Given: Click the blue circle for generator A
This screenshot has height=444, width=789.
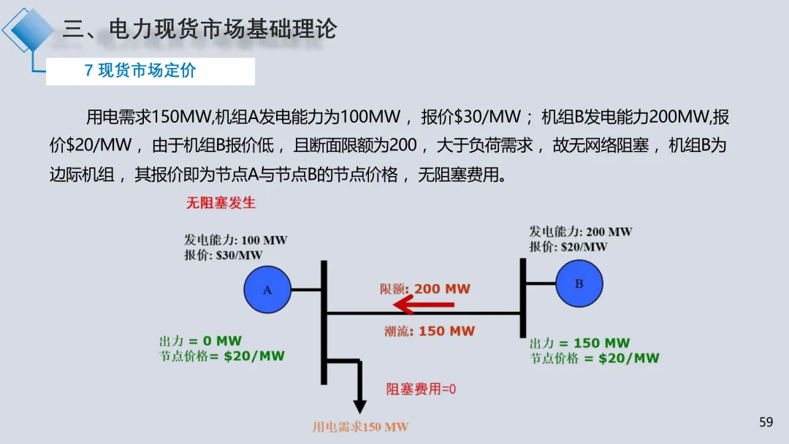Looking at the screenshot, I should pos(267,290).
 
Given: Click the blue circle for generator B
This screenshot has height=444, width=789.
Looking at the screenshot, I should pos(579,283).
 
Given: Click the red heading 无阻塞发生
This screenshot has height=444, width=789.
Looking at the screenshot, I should pos(221,202).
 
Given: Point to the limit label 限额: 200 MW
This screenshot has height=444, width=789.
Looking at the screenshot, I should pos(425,288).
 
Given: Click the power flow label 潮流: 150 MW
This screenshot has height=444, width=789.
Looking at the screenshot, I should pos(430,331).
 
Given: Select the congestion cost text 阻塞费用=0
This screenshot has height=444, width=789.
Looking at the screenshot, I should pos(421,389).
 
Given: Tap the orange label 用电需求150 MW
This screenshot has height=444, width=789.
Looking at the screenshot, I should pos(360,426).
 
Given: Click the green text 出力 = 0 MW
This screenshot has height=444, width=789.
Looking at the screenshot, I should pos(200,341).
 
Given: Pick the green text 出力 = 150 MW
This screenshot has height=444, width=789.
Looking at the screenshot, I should pos(579,342).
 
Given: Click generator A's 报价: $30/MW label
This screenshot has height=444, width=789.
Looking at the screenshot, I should pos(223,255).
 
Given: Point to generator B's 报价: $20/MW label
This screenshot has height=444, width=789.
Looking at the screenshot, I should pos(568,247).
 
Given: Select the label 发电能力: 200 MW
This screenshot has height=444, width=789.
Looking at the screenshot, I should pos(581,231).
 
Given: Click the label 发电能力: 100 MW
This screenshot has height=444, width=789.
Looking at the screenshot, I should pos(235,240).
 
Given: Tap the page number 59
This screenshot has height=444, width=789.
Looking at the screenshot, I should pos(766,421).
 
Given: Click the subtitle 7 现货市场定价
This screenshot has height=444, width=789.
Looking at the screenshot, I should pos(140,71).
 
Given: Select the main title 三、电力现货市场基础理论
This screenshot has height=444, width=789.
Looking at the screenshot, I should pos(199,29).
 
